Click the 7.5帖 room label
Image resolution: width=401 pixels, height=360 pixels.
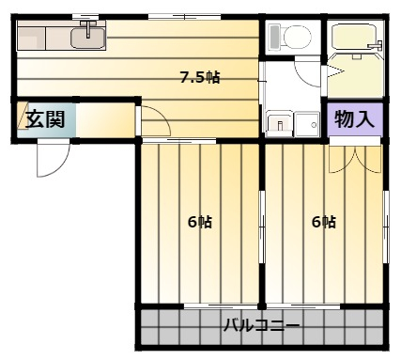200,77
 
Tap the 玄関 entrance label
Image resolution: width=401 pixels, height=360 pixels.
45,119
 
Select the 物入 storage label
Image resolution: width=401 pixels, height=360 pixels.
355,119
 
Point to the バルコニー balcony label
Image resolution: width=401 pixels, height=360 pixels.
261,325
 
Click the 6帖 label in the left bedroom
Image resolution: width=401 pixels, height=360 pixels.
200,222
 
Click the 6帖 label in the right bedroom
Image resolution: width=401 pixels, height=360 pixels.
324,222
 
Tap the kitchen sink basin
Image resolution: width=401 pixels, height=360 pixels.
88,39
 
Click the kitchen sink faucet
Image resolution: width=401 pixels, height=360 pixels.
88,28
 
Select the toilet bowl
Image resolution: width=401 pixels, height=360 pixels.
297,37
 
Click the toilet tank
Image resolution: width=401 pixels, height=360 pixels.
274,37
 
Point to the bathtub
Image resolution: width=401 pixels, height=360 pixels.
355,36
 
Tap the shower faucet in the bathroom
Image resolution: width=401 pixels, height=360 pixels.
377,45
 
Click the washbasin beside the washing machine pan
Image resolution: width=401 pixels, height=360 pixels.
280,125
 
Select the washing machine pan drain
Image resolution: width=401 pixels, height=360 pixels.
314,125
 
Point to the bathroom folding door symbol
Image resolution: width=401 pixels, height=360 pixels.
335,71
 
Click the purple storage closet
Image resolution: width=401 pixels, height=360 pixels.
355,119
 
